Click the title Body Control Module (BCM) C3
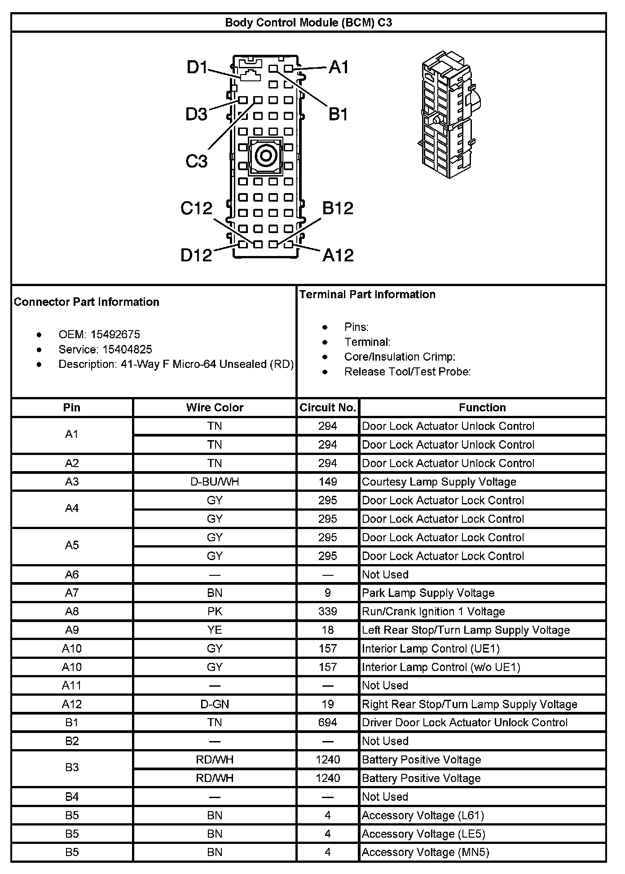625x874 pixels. coord(308,22)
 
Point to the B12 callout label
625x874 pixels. coord(338,208)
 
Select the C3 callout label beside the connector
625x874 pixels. coord(197,161)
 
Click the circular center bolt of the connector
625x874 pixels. coord(265,156)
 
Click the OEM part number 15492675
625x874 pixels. coord(115,335)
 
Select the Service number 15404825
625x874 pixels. coord(127,349)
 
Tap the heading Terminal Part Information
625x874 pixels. coord(367,295)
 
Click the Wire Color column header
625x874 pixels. coord(215,408)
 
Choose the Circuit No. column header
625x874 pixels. coord(328,408)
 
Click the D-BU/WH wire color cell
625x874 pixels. coord(215,482)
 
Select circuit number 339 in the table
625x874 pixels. coord(328,612)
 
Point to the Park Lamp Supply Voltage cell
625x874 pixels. coord(428,593)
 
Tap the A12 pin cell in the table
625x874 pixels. coord(72,704)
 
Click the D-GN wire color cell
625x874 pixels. coord(215,704)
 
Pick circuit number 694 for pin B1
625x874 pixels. coord(328,723)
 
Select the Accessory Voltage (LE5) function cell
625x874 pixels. coord(423,834)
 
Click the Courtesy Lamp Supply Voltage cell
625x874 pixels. coord(439,482)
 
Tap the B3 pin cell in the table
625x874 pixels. coord(72,769)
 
